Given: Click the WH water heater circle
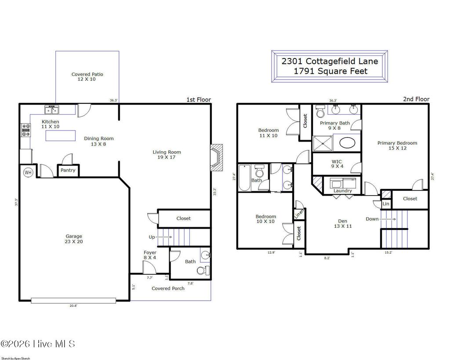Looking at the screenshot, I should (x=28, y=172).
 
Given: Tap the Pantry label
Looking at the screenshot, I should (x=68, y=170).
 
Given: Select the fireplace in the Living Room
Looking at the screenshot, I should (x=216, y=157).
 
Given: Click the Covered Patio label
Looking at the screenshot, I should (x=87, y=76).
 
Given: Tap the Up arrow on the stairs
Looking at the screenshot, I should (x=165, y=237).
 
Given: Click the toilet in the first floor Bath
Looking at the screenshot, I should (x=203, y=270).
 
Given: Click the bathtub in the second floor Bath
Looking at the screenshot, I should (x=243, y=178).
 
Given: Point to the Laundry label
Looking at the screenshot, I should (x=342, y=191).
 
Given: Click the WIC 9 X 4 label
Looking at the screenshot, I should (x=336, y=164).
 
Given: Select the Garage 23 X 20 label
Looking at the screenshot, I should (x=74, y=239).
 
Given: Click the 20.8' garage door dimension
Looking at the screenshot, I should (x=73, y=305).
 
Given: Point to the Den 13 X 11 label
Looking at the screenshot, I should (x=342, y=223).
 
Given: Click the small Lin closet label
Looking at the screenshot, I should (x=385, y=204).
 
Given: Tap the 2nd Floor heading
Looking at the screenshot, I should (x=416, y=99).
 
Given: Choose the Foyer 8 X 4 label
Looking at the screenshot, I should (x=150, y=255).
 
